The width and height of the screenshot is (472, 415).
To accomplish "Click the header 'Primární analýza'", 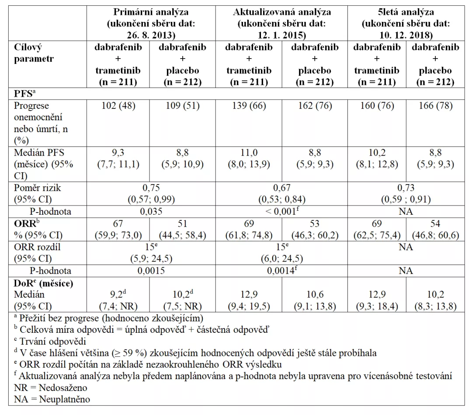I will tap(151, 12).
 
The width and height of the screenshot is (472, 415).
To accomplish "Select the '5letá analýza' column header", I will tap(406, 12).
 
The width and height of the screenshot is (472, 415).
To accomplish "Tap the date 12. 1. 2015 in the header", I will tap(281, 35).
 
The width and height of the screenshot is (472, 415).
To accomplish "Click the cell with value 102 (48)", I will tap(118, 106).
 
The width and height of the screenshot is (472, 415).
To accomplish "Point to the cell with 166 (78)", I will tap(435, 106).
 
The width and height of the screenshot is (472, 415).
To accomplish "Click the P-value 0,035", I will tap(151, 212).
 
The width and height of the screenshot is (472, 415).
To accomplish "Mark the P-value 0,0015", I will tap(151, 271).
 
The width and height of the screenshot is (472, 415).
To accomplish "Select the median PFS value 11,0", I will tap(249, 153).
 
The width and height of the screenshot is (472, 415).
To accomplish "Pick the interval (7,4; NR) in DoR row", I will tap(118, 306).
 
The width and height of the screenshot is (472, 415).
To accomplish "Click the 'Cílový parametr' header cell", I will tap(34, 53).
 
